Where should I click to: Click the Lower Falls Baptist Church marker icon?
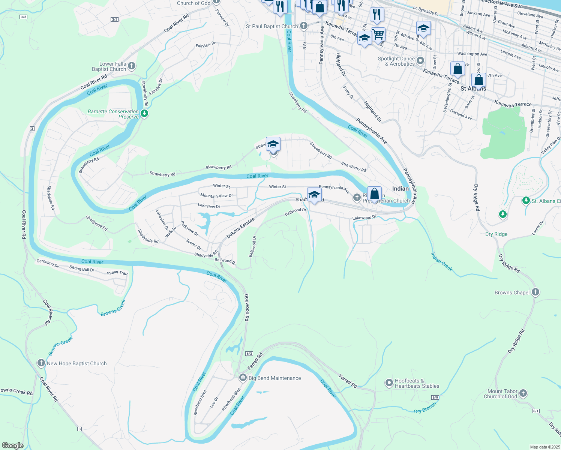pos(131,66)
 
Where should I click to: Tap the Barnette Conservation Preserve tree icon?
pos(144,113)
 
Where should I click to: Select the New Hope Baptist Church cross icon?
pos(41,363)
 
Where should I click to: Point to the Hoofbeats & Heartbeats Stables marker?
pos(389,383)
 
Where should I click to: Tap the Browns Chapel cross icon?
pos(535,292)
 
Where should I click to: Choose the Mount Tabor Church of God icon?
pos(523,393)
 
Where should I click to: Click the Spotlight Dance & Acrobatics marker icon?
pos(420,61)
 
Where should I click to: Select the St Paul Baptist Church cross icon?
pos(303,26)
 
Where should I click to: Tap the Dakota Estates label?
pos(240,228)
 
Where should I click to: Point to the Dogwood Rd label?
pos(247,307)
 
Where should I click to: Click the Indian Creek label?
pos(441,262)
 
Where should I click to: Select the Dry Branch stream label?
pos(425,408)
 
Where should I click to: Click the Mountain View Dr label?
pos(216,196)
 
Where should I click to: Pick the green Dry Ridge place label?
pos(496,234)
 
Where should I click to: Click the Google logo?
pos(12,445)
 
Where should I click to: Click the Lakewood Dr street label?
pos(364,217)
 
